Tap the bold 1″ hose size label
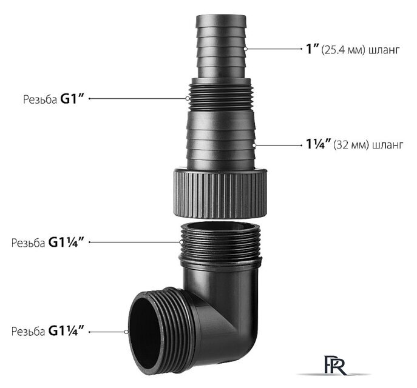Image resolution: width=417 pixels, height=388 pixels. coord(312,49)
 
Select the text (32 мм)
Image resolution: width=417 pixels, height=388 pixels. coord(351,145)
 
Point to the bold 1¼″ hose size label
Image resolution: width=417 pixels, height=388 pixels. coord(318,145)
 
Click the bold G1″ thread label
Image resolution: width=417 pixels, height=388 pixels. coord(72,99)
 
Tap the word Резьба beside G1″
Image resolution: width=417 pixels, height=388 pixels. coord(40,99)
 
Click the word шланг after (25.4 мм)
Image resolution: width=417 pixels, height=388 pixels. coord(384,50)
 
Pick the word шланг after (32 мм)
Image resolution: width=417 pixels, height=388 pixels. coord(388,145)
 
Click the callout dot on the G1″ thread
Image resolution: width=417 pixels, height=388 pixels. coord(188,99)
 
